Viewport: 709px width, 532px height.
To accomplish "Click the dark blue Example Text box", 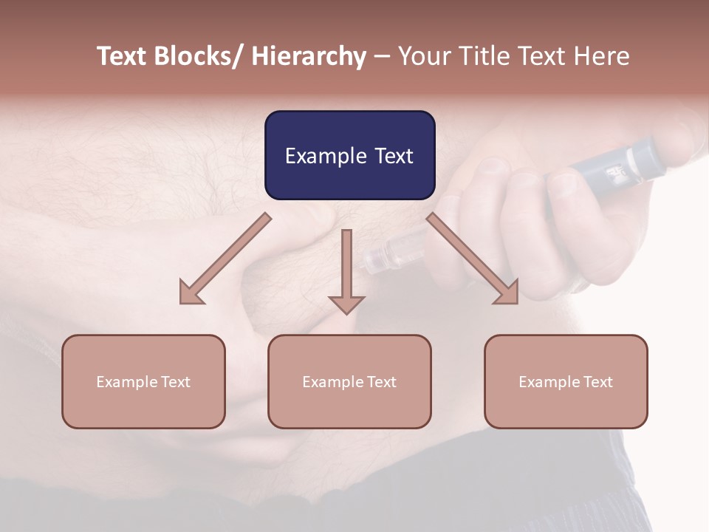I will tap(349, 155).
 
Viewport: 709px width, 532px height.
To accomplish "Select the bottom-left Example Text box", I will tap(143, 381).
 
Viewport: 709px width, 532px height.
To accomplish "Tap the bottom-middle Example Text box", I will tap(349, 381).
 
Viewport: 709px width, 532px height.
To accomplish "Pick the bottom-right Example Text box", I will tap(566, 381).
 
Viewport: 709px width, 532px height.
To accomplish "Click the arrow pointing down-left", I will tap(225, 259).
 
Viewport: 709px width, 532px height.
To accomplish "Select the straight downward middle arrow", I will tap(346, 270).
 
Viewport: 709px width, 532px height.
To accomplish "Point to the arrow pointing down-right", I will tap(473, 259).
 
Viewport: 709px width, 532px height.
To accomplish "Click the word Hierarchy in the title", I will tap(309, 56).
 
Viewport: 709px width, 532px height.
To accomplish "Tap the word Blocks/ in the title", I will tap(196, 56).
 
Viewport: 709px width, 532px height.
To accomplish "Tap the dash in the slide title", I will tap(382, 56).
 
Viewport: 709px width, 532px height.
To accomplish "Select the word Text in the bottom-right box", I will tap(597, 381).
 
